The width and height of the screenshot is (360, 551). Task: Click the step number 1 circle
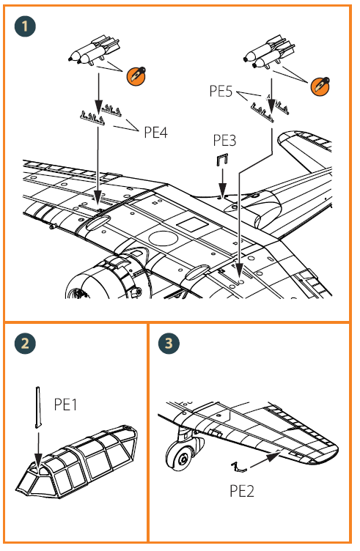coord(25,26)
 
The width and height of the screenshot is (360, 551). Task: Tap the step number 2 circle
coord(25,343)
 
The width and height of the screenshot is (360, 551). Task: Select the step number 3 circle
coord(169,343)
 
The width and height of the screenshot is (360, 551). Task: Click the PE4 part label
coord(155,133)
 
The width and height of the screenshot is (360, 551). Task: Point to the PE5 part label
coord(221,91)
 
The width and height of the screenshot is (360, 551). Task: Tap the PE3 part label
coord(224,140)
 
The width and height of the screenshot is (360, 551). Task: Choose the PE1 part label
coord(65,404)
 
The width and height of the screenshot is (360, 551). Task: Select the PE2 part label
coord(241,491)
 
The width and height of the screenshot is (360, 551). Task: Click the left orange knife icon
coord(136,75)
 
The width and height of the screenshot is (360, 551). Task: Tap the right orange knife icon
coord(320,86)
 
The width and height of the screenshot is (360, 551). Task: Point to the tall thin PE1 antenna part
coord(38,407)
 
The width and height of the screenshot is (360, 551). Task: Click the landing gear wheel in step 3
coord(182,456)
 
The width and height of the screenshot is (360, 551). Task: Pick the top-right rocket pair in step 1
coord(270,51)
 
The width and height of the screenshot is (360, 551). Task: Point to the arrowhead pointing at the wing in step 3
coord(273,456)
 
